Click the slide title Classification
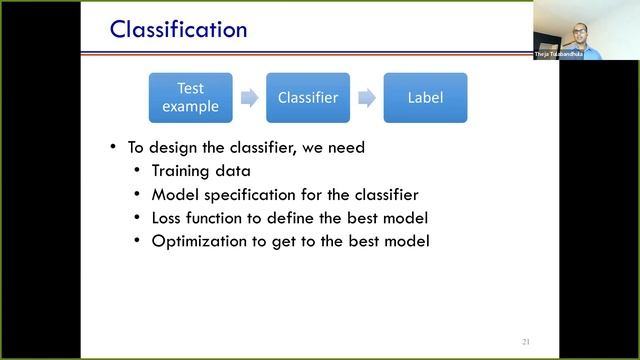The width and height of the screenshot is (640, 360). [x=178, y=29]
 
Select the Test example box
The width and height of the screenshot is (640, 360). [x=190, y=98]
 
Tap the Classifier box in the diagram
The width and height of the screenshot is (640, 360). [x=308, y=98]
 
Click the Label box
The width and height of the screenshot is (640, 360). [x=425, y=98]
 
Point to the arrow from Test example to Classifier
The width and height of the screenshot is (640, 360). [x=249, y=98]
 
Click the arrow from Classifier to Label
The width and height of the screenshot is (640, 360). [x=367, y=98]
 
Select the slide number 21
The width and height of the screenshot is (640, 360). [x=525, y=342]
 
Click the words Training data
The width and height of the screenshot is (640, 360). [x=201, y=171]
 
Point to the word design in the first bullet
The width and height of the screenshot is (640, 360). [x=171, y=147]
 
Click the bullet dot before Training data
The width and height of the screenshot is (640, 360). [x=138, y=171]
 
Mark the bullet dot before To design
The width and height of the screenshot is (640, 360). [x=114, y=147]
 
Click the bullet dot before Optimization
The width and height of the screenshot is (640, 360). [x=138, y=240]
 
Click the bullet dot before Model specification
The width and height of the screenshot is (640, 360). [x=138, y=194]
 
